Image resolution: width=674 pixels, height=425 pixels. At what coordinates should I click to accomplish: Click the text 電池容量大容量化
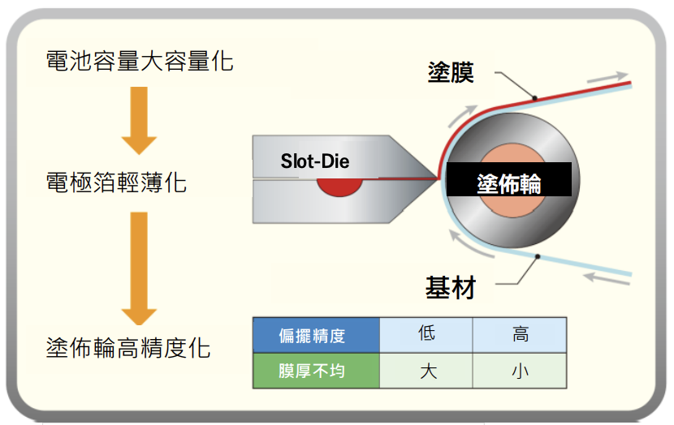pos(140,60)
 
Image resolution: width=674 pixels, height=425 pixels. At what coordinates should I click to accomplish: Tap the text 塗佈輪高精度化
pos(128,349)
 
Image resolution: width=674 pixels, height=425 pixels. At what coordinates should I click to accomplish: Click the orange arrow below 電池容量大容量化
pos(139,121)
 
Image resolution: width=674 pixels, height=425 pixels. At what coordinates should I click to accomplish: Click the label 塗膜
pos(451,72)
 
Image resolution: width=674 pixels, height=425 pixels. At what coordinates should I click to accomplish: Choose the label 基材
pos(450,287)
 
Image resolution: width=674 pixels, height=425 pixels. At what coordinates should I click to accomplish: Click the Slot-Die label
pos(314,161)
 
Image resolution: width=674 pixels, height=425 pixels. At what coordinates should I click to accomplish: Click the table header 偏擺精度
pos(316,334)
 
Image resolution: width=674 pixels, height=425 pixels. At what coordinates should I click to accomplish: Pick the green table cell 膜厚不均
pos(316,371)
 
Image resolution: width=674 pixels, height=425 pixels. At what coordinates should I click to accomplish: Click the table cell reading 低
pos(427,334)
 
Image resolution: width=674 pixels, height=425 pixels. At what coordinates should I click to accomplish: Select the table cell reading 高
pos(520,334)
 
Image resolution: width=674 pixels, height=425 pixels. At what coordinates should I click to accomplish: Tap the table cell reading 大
pos(427,371)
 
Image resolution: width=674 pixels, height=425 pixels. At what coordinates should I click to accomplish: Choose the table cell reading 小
pos(520,371)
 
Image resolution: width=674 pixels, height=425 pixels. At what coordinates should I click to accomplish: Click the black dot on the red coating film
pos(534,98)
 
